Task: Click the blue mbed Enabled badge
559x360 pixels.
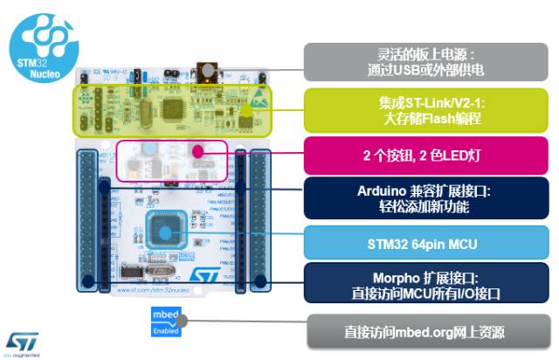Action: (165, 321)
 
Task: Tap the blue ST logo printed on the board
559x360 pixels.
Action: (203, 277)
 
